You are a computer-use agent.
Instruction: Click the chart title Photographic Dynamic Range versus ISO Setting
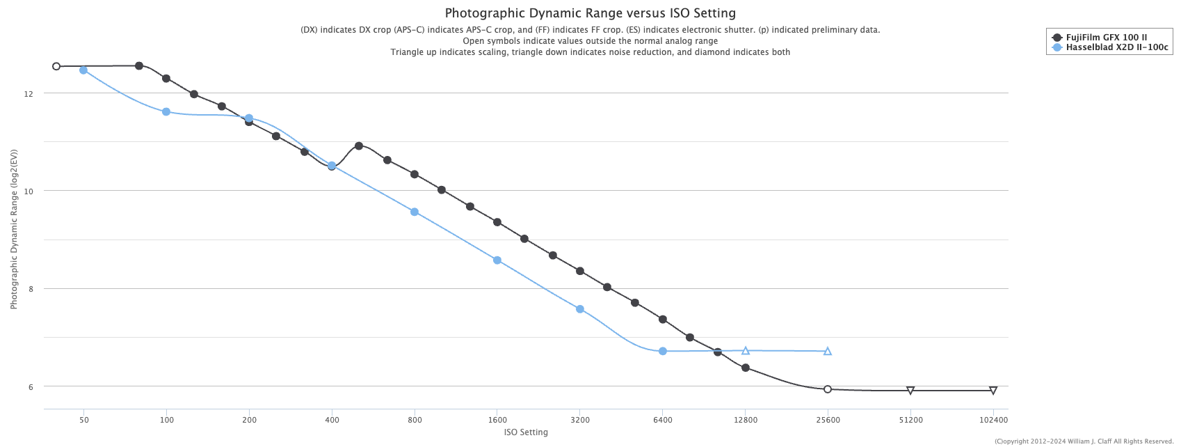590,13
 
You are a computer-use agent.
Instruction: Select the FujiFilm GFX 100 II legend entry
1106,38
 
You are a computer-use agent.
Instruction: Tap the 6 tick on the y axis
30,386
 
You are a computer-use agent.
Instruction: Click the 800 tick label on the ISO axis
415,420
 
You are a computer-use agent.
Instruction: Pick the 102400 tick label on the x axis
993,420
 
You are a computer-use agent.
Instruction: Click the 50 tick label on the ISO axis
83,420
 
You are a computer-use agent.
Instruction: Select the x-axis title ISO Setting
526,432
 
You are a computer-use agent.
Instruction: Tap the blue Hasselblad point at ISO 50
83,70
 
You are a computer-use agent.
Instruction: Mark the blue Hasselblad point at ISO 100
166,112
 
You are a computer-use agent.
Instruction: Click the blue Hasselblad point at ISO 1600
497,260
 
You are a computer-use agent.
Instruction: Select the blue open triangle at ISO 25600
828,352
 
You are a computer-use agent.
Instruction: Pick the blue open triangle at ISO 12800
746,351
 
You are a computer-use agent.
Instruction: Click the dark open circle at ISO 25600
828,389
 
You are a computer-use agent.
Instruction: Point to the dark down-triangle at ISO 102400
993,391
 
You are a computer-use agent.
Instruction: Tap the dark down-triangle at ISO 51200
910,391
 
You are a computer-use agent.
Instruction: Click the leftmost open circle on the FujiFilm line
56,67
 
